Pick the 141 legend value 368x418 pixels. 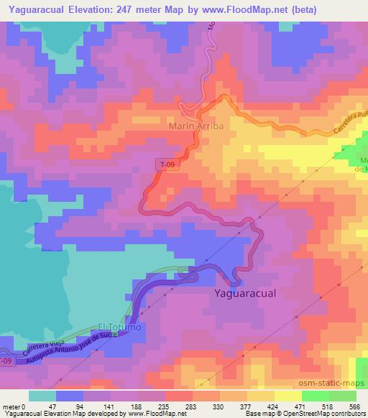[x=117, y=406]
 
